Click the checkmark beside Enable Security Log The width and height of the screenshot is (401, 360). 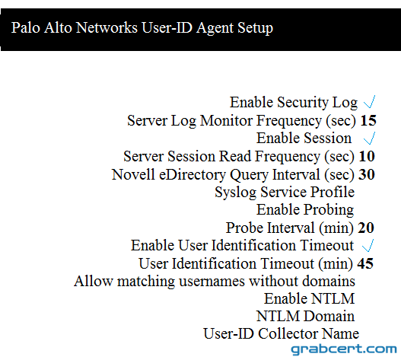pyautogui.click(x=370, y=102)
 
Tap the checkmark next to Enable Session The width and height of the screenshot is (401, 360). pyautogui.click(x=370, y=139)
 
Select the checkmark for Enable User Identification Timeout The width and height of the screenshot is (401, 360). pyautogui.click(x=368, y=246)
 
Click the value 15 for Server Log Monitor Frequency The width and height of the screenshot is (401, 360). pyautogui.click(x=368, y=120)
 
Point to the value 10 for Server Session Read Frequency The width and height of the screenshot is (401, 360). pyautogui.click(x=367, y=156)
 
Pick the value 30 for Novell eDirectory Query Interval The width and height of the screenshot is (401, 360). pyautogui.click(x=367, y=174)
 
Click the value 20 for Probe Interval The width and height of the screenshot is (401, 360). pyautogui.click(x=366, y=228)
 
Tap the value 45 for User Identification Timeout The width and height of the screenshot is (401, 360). pyautogui.click(x=365, y=263)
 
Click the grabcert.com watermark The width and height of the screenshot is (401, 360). pyautogui.click(x=344, y=349)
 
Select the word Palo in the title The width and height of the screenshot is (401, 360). pyautogui.click(x=26, y=27)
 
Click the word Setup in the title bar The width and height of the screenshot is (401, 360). pyautogui.click(x=255, y=28)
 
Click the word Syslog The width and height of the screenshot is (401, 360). pyautogui.click(x=236, y=193)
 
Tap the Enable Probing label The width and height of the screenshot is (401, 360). pyautogui.click(x=305, y=210)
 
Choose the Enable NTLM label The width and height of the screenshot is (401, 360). pyautogui.click(x=310, y=298)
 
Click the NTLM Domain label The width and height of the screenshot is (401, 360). pyautogui.click(x=306, y=317)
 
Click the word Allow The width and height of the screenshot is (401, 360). pyautogui.click(x=94, y=281)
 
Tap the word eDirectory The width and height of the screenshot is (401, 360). pyautogui.click(x=193, y=175)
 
